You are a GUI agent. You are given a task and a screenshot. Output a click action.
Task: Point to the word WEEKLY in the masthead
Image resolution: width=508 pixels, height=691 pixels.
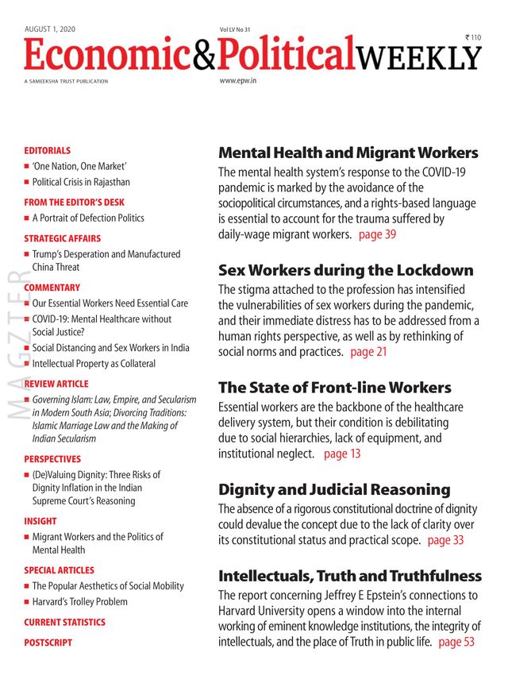pos(418,56)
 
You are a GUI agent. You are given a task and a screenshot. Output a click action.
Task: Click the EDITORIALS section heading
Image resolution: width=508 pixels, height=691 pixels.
pos(47,150)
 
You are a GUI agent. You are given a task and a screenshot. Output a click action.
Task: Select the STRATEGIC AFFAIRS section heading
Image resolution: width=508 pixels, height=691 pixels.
pos(63,238)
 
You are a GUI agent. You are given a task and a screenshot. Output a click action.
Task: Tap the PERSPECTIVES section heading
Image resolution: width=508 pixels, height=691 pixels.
pos(52,459)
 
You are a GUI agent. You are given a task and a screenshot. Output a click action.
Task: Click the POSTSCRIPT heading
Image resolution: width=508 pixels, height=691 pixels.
pos(48,642)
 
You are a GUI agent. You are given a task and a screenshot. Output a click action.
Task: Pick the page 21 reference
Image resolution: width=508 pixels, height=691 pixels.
pos(368,351)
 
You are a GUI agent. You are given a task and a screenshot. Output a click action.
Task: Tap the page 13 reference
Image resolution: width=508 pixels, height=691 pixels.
pos(342,454)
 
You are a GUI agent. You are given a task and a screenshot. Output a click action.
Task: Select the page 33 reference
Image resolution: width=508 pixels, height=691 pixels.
pos(445,540)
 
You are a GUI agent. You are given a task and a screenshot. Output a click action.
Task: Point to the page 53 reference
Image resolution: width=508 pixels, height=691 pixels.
pos(456,642)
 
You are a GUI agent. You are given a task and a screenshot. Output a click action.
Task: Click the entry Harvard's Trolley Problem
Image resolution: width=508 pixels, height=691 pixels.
pos(79,601)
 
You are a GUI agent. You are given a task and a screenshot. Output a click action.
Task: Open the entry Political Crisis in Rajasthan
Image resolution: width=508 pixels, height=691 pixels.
pos(81,182)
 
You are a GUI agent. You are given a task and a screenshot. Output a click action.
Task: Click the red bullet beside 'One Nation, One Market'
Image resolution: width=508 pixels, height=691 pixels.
pos(26,167)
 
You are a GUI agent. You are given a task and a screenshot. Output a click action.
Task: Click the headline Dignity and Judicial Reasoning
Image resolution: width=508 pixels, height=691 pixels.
pos(334,490)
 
